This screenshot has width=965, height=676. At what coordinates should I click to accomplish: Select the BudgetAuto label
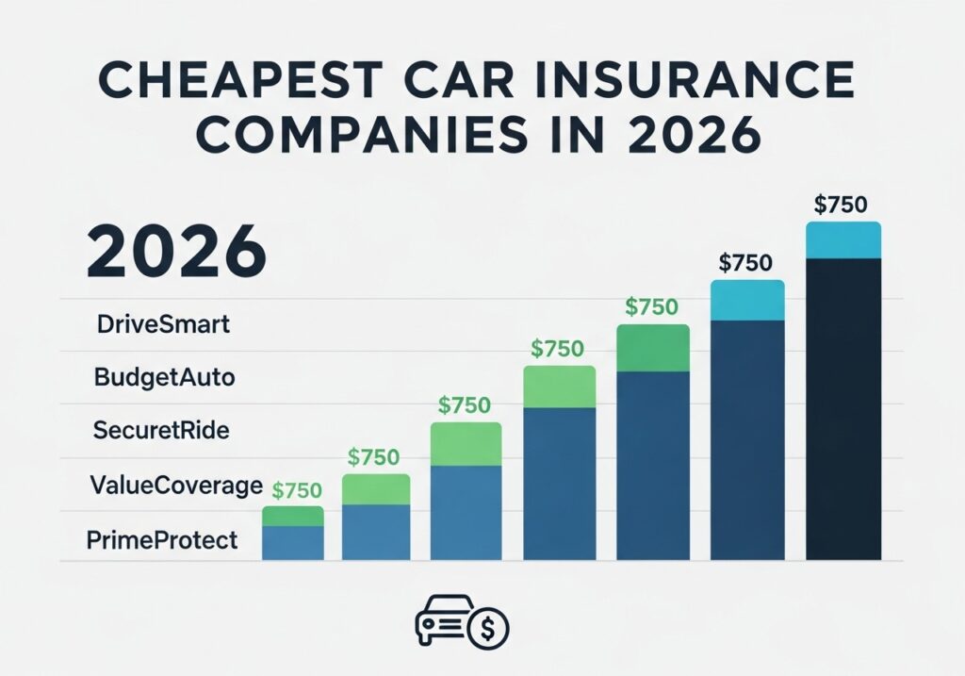coord(165,378)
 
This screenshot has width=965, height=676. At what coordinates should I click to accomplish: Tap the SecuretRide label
coord(162,431)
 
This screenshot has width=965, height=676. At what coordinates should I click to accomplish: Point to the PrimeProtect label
coord(161,541)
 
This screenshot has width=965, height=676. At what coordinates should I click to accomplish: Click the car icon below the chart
coord(447,621)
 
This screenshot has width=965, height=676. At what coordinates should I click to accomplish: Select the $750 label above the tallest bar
coord(842,205)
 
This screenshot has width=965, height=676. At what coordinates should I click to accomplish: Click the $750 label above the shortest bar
coord(297,490)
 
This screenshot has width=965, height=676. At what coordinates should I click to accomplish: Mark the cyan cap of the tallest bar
coord(843,240)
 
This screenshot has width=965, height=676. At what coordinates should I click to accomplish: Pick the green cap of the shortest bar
coord(293,516)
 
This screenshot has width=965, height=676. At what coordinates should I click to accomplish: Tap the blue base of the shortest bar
coord(293,543)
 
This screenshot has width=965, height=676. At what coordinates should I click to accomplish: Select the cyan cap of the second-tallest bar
coord(747,301)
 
